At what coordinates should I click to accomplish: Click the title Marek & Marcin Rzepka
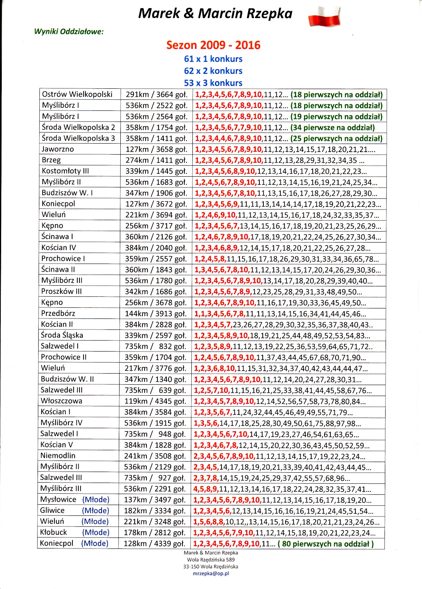[x=215, y=14]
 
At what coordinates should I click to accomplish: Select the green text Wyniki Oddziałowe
[x=69, y=32]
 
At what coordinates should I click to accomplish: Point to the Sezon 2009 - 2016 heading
[x=213, y=45]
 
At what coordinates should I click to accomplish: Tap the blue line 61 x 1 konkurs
[x=213, y=59]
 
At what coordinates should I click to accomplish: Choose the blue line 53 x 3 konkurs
[x=213, y=83]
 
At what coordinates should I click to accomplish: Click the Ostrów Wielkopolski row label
[x=77, y=94]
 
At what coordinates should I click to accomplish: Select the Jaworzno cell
[x=58, y=149]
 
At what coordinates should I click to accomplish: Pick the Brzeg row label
[x=51, y=160]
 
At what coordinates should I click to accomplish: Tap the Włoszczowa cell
[x=61, y=401]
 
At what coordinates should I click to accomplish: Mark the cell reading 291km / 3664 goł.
[x=157, y=95]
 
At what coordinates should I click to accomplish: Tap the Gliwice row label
[x=52, y=511]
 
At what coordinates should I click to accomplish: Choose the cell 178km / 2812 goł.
[x=155, y=533]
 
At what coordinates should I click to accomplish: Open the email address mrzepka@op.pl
[x=211, y=574]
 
